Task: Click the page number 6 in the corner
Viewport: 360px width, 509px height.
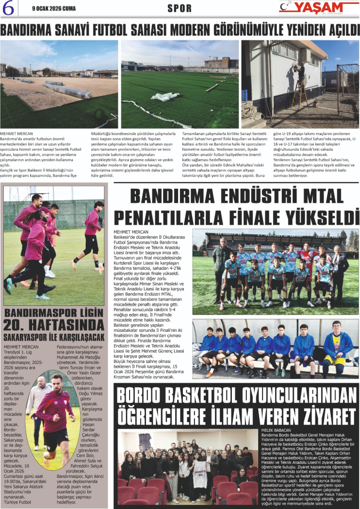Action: pyautogui.click(x=9, y=8)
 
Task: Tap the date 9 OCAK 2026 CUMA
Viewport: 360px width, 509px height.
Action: pyautogui.click(x=54, y=8)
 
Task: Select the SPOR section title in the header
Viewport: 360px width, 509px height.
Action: pyautogui.click(x=180, y=9)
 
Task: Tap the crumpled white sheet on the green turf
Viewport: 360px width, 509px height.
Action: pyautogui.click(x=165, y=96)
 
